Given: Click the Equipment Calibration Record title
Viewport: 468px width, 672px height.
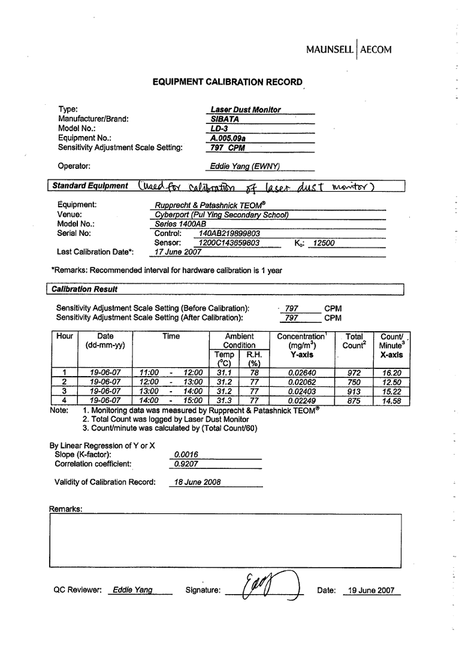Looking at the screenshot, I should coord(227,82).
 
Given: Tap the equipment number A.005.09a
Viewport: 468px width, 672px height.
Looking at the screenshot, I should coord(228,137).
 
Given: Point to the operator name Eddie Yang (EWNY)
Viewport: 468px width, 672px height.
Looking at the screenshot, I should coord(245,166).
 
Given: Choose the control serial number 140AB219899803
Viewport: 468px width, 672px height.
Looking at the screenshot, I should coord(229,234).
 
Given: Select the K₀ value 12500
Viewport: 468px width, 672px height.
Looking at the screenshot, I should coord(324,243).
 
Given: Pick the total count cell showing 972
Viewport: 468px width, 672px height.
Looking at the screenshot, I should coord(354,372).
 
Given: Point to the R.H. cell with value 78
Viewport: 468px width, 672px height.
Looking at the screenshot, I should coord(253,372).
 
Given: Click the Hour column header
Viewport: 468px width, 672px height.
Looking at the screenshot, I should coord(65,337).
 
